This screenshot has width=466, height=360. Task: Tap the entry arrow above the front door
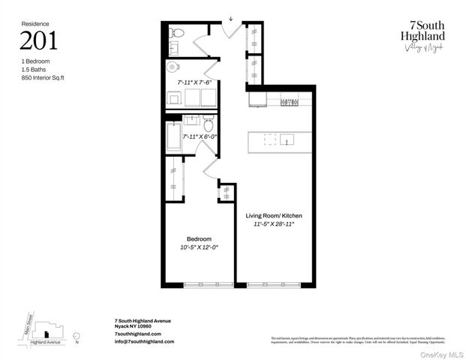[x=231, y=19]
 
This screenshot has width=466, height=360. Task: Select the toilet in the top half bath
[x=176, y=33]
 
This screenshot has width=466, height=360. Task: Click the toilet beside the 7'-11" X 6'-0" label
[x=209, y=123]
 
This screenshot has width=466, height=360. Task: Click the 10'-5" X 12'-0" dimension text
[x=199, y=247]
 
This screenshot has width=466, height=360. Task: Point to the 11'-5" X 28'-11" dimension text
[x=275, y=224]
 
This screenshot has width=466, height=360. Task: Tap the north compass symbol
[x=78, y=337]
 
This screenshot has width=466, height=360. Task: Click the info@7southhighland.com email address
[x=144, y=341]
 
